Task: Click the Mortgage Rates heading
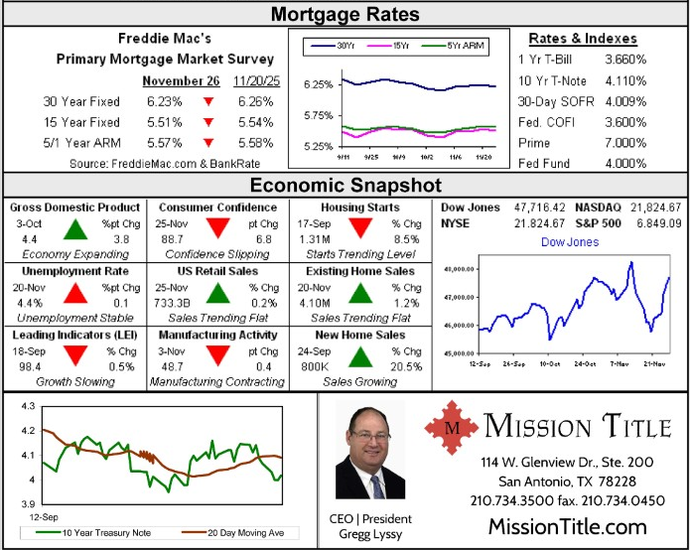pos(345,14)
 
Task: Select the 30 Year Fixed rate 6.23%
pos(164,101)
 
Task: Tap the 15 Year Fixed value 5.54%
pos(255,122)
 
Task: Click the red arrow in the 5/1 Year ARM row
pos(208,143)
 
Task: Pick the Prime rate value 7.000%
pos(625,143)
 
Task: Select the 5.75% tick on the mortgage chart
pos(318,116)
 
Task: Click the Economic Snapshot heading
pos(345,186)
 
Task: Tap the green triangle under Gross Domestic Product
pos(74,231)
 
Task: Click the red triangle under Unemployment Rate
pos(74,294)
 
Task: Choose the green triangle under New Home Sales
pos(359,358)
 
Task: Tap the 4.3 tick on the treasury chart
pos(27,407)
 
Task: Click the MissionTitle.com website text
pos(567,526)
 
